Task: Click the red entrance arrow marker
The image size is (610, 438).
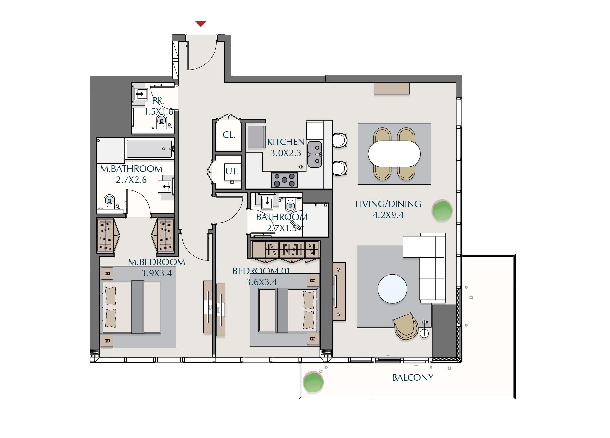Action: click(x=201, y=24)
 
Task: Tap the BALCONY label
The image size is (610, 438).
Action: click(x=412, y=378)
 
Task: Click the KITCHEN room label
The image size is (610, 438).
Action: click(x=285, y=142)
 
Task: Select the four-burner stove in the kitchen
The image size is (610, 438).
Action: click(x=284, y=180)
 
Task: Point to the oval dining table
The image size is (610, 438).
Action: click(x=394, y=154)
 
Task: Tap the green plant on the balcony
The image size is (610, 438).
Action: click(x=313, y=382)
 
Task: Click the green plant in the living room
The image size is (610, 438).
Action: click(x=442, y=210)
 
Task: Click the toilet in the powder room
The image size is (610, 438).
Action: click(x=161, y=122)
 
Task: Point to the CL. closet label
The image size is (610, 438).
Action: click(x=229, y=135)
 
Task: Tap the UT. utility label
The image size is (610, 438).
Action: click(x=232, y=171)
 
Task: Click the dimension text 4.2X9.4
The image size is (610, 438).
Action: click(x=388, y=215)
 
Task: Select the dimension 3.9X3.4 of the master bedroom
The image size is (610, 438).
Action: click(x=157, y=273)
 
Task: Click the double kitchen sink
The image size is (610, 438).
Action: click(x=314, y=154)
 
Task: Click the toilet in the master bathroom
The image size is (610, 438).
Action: click(x=109, y=202)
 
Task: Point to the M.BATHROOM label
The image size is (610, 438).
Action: click(x=131, y=169)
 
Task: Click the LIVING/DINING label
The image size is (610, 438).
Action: click(x=388, y=204)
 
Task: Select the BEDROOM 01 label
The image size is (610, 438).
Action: click(x=261, y=271)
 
